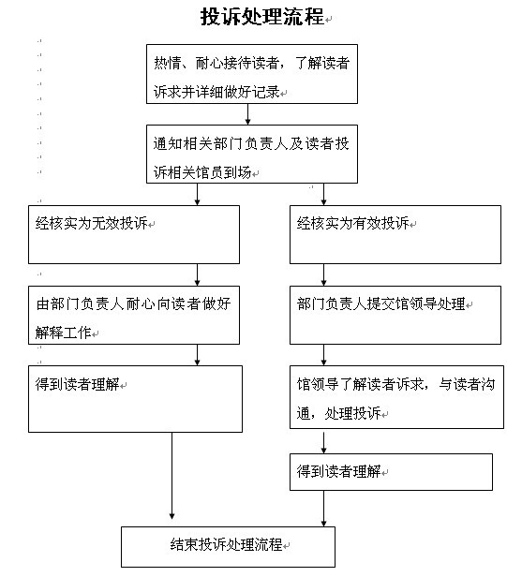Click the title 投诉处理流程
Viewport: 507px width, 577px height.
(262, 17)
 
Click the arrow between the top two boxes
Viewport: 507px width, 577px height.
(247, 114)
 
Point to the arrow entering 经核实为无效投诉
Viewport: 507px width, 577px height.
(198, 194)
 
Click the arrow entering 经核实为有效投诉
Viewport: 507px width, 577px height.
(323, 194)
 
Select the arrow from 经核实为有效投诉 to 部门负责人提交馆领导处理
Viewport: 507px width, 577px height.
(323, 274)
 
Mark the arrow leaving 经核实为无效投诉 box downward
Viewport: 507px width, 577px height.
(198, 274)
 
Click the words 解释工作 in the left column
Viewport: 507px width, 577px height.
(64, 333)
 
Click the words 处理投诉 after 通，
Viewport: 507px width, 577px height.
(352, 413)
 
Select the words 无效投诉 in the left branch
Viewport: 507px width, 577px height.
(120, 223)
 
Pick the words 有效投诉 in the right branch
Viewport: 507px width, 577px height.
(381, 223)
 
